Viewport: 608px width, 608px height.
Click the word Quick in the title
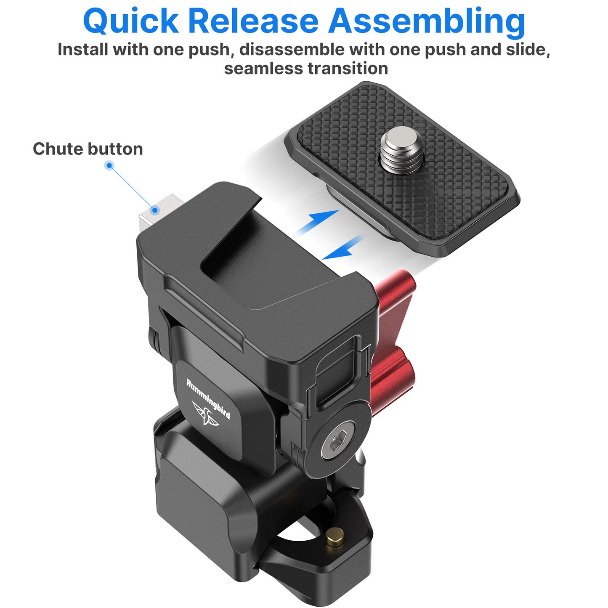coord(130,21)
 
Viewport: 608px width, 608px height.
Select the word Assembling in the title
coord(427,22)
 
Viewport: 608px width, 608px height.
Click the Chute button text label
coord(88,149)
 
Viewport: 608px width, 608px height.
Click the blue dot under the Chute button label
coord(109,165)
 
